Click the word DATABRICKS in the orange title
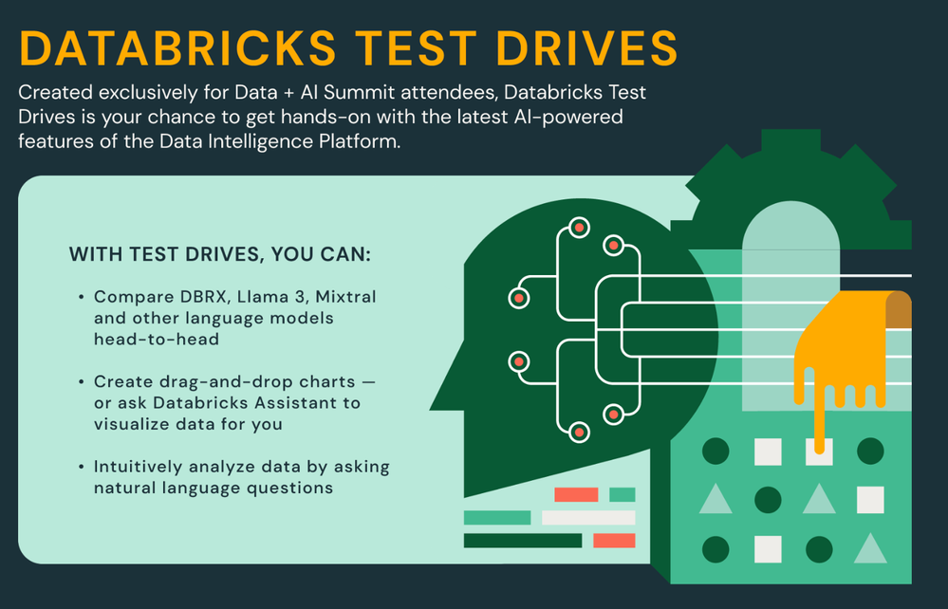tap(177, 47)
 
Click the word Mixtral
tap(345, 297)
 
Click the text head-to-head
tap(157, 340)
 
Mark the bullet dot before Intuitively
tap(81, 467)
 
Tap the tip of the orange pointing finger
tap(820, 449)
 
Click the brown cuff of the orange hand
tap(899, 310)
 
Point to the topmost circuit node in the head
tap(579, 228)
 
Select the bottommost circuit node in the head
tap(579, 432)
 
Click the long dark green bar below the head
tap(523, 541)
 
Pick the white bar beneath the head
tap(588, 518)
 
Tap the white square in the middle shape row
tap(870, 500)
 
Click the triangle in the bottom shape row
tap(870, 548)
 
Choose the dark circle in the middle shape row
tap(768, 500)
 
